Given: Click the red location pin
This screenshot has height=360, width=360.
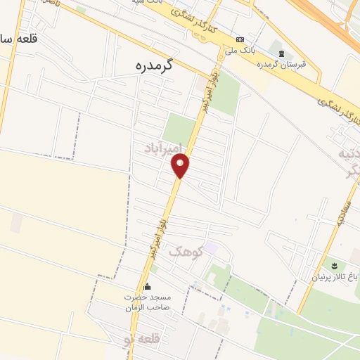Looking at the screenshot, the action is click(181, 166).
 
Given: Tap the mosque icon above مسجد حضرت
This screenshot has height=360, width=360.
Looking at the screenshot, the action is click(147, 287).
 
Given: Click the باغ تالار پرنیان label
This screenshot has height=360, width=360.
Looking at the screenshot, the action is click(334, 277).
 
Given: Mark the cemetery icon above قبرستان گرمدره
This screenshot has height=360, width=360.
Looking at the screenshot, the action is click(282, 53).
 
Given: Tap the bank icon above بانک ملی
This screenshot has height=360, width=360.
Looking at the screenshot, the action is click(240, 39).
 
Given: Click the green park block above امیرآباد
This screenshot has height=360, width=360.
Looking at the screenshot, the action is click(179, 129).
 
